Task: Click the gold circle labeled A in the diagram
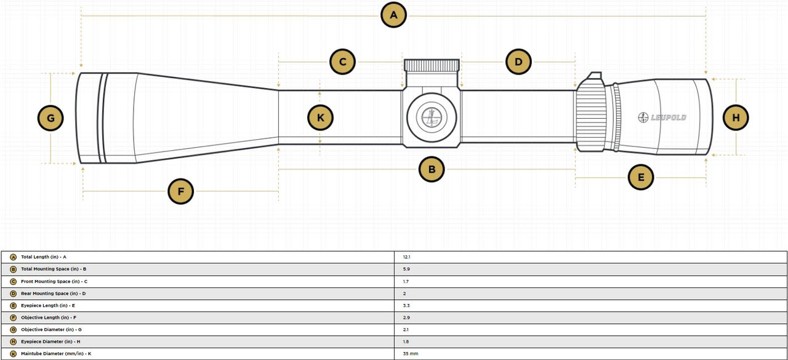394,15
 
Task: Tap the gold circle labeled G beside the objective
50,118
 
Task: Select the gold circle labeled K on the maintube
320,117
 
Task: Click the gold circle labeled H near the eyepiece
736,117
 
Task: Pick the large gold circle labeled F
181,191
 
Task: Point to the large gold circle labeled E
641,178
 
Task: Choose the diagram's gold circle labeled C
342,62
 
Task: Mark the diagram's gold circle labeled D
518,62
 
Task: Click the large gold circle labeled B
432,169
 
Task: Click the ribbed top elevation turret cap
432,65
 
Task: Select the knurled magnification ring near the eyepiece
592,117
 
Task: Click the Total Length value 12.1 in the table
406,257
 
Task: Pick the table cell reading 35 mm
411,354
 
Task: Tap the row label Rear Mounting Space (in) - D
53,294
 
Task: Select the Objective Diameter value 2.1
405,330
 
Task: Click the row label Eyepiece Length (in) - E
48,306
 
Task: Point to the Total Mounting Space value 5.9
406,270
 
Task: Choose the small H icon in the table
14,342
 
